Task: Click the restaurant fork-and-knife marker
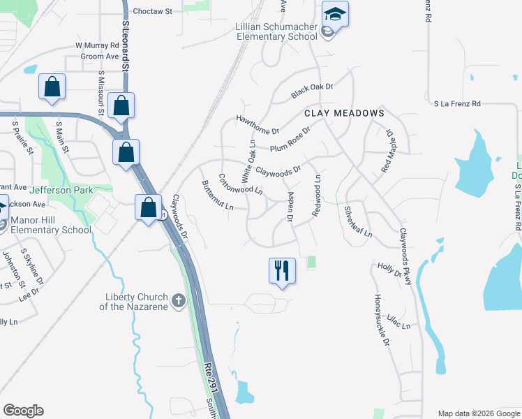point(282,270)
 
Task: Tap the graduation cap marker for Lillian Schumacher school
point(335,15)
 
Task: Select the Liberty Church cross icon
point(178,301)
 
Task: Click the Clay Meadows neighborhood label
point(344,112)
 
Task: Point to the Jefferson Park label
point(61,189)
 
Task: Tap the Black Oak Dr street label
point(313,90)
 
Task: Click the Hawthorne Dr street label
point(258,125)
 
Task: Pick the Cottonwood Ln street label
point(241,184)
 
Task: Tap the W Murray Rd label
point(98,45)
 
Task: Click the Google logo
point(23,411)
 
